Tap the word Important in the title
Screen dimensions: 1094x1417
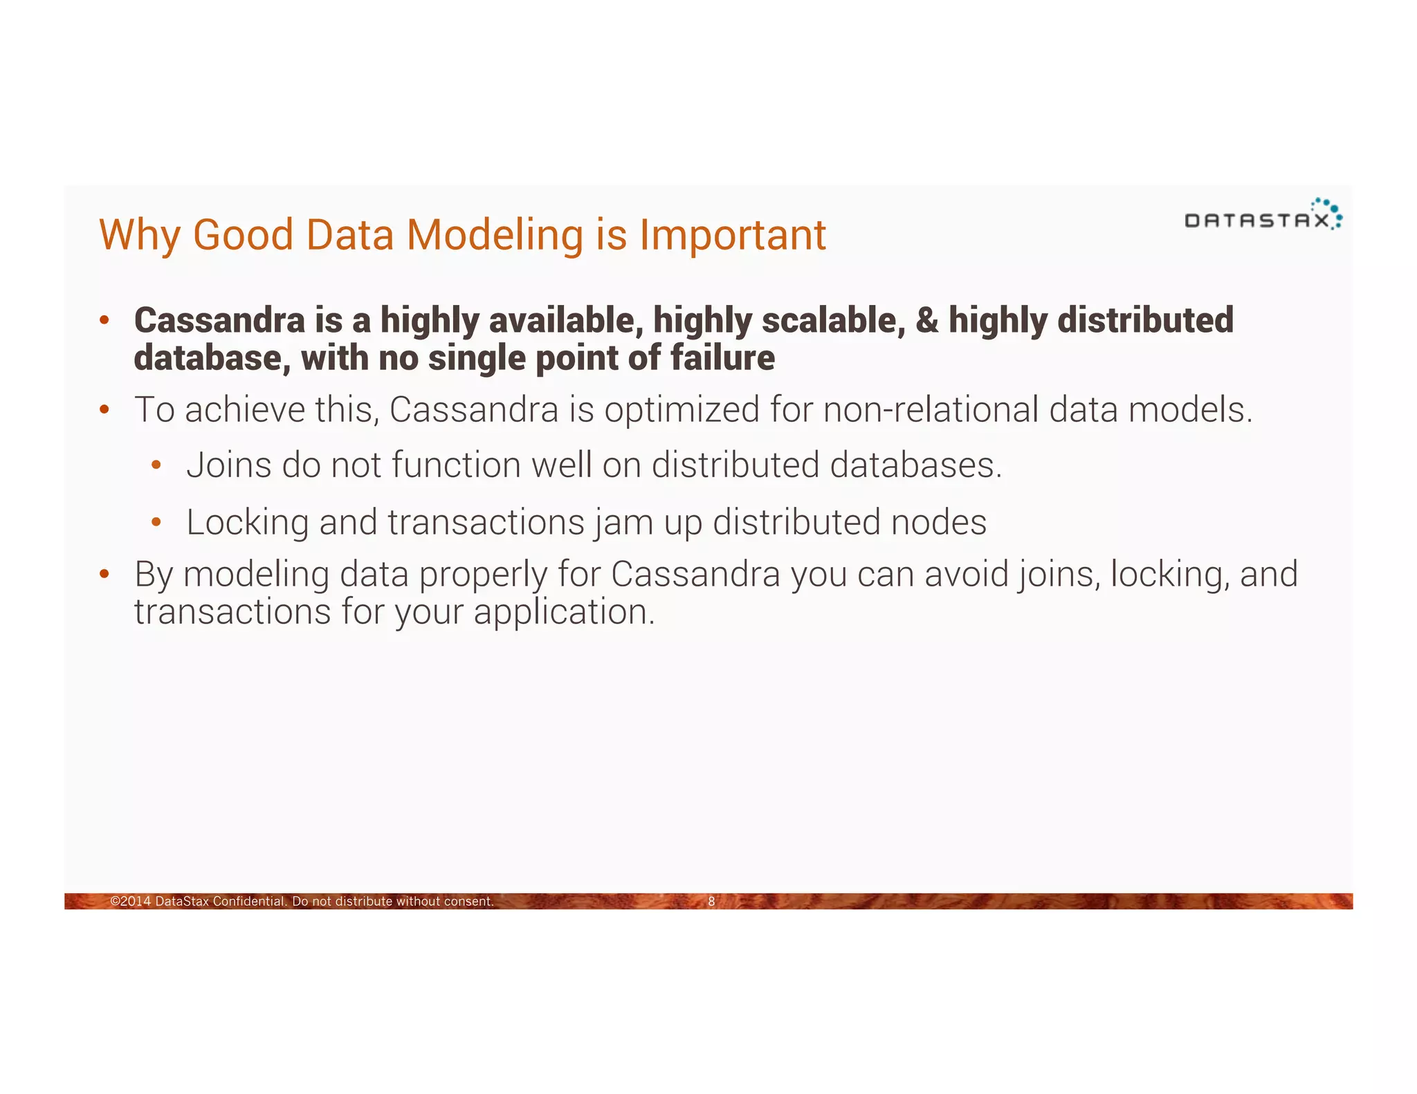[732, 235]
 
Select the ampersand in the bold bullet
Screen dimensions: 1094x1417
[926, 320]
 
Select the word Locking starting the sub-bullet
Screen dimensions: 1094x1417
[247, 523]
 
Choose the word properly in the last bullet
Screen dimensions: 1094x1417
[483, 575]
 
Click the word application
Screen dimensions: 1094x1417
[563, 612]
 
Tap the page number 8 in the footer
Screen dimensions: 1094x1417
[711, 901]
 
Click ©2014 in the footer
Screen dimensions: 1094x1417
[131, 901]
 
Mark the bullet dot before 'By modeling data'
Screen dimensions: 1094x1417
[104, 574]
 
